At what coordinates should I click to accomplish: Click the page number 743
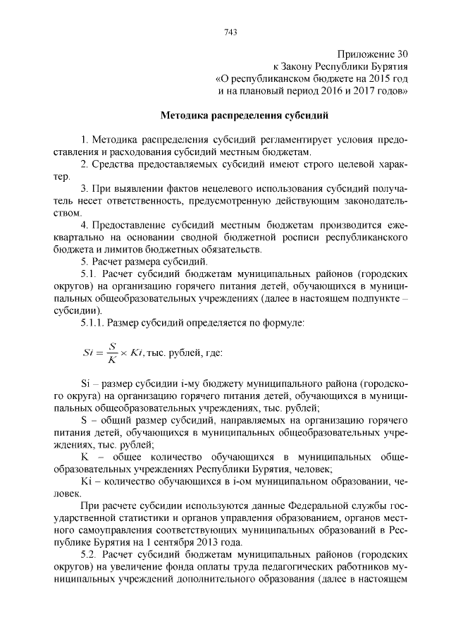(x=230, y=31)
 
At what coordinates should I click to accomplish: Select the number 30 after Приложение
(x=401, y=54)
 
